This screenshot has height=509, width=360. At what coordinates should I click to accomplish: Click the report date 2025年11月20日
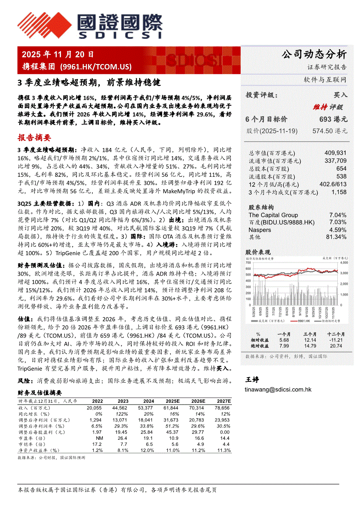click(58, 55)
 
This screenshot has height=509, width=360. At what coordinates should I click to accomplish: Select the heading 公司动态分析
click(314, 54)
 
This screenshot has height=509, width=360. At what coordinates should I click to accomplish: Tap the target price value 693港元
click(333, 119)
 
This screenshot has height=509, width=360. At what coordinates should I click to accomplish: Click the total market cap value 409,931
click(336, 153)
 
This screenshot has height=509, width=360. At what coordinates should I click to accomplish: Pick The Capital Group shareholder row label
click(273, 215)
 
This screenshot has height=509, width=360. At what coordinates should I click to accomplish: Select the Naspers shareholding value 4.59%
click(338, 229)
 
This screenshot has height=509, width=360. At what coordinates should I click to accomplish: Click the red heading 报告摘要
click(34, 138)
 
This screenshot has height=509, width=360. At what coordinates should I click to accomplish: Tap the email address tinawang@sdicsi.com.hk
click(278, 390)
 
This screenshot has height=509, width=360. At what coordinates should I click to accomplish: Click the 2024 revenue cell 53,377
click(149, 407)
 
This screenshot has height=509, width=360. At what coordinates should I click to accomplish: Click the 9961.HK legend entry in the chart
click(302, 320)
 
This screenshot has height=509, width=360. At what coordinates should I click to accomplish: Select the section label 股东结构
click(261, 207)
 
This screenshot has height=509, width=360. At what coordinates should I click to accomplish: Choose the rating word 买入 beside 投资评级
click(340, 95)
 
